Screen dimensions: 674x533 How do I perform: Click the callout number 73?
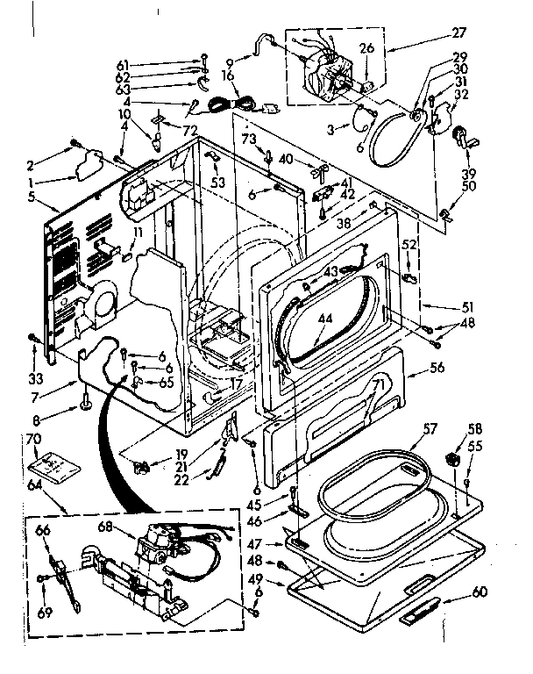tap(248, 140)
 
